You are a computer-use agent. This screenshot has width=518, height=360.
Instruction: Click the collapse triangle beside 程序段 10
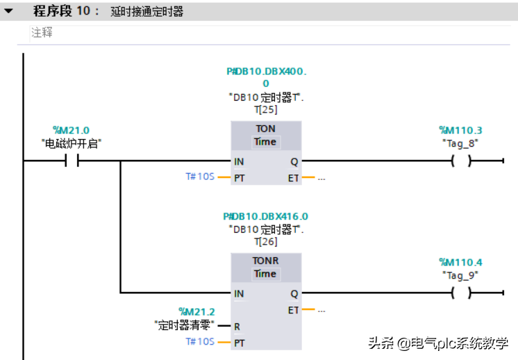(8, 11)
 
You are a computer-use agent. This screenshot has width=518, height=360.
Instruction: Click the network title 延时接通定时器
(147, 12)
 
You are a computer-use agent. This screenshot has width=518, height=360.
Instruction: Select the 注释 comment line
(42, 33)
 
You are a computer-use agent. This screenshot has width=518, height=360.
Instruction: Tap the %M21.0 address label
(71, 130)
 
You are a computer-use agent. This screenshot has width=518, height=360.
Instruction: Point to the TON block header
(265, 129)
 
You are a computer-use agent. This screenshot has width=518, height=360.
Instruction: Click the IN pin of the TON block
(239, 161)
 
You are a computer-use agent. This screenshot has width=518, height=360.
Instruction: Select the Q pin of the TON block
(294, 161)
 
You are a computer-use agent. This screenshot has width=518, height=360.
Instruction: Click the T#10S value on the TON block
(200, 177)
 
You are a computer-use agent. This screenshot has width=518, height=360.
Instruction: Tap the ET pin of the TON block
(294, 177)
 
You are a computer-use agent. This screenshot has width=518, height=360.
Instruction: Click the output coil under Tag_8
(460, 161)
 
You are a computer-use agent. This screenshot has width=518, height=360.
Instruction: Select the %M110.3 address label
(460, 130)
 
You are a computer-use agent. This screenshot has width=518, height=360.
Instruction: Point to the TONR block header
(265, 261)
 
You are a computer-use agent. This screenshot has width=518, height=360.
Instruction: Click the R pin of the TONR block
(237, 326)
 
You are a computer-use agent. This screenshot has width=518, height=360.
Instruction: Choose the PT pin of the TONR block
(239, 343)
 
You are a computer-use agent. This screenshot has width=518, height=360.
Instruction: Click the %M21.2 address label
(197, 311)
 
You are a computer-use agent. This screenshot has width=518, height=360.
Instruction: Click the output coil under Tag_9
(460, 293)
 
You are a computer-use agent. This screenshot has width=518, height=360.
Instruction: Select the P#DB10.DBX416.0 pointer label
(265, 217)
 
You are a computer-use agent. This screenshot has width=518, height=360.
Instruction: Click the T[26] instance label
(265, 242)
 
